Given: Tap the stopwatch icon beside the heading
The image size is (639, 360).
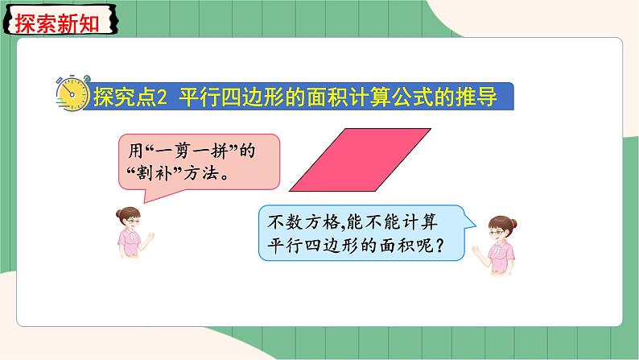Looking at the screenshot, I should point(72,94).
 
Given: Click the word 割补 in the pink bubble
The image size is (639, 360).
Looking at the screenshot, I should point(151,172).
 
